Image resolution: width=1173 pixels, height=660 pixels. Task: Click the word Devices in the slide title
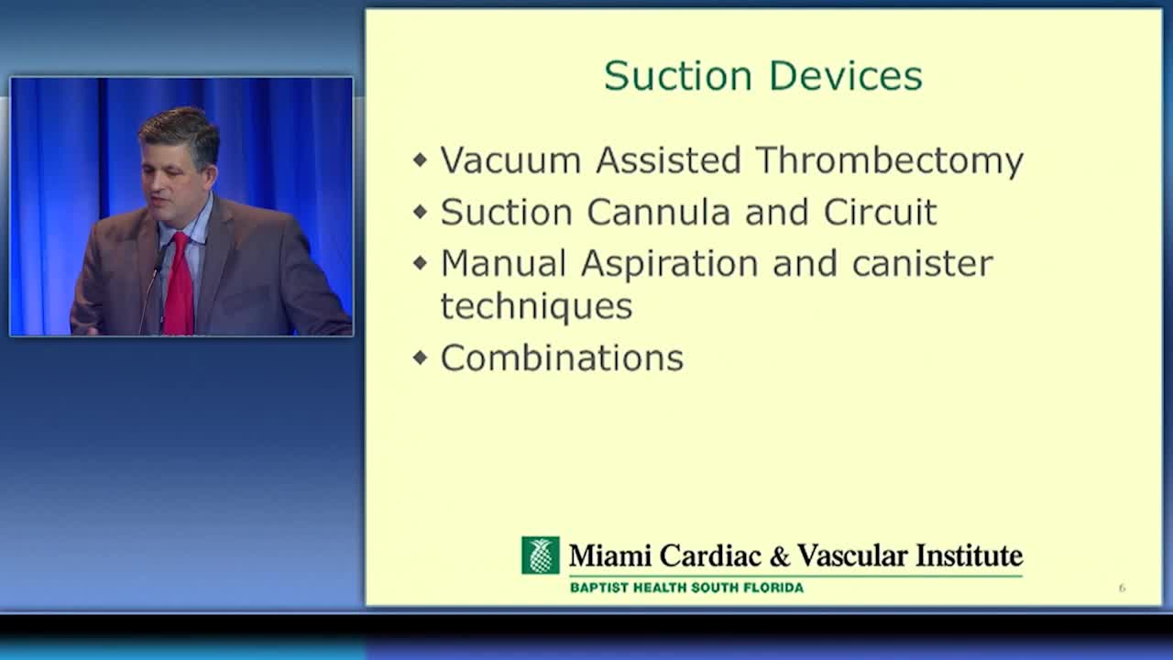(846, 76)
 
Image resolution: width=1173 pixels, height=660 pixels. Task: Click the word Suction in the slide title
(678, 76)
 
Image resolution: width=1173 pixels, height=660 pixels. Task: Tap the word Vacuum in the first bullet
(511, 159)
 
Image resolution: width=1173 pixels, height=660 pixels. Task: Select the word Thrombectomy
(890, 161)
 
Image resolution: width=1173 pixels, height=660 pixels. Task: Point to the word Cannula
(658, 212)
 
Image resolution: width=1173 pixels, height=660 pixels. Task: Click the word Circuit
(881, 212)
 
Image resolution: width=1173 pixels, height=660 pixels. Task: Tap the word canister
(922, 263)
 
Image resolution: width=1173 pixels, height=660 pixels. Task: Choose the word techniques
(537, 307)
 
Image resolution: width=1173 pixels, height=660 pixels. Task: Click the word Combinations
(562, 357)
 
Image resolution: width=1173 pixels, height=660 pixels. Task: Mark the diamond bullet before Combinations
(420, 358)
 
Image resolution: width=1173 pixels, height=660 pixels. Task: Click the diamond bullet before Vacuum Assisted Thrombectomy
(420, 159)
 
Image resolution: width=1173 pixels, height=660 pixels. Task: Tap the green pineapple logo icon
(541, 555)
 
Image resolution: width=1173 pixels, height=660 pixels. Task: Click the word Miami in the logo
(610, 555)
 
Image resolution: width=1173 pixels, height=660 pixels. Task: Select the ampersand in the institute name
(780, 556)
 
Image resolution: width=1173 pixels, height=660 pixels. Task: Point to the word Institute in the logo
(969, 555)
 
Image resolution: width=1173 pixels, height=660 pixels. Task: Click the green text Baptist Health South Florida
(686, 588)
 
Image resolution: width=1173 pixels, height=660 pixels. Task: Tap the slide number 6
(1122, 588)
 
